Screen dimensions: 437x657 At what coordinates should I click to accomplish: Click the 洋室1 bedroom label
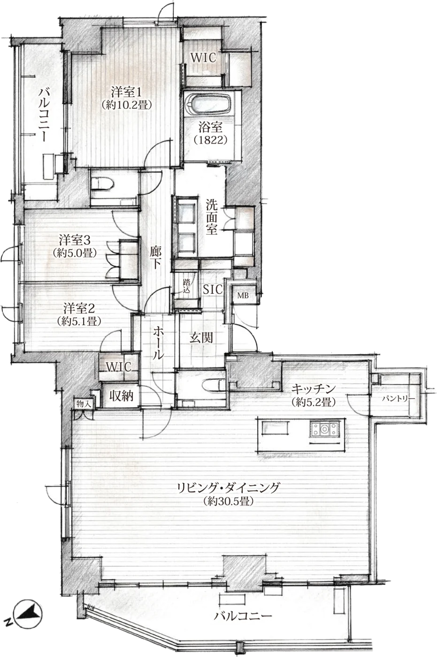click(127, 92)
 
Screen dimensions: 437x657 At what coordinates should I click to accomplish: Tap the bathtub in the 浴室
click(209, 104)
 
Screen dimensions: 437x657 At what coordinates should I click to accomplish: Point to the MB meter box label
click(243, 296)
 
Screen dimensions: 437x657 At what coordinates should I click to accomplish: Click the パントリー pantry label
click(399, 399)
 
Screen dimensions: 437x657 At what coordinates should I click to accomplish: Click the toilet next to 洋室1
click(102, 184)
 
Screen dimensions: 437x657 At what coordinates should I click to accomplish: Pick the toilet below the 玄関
click(214, 384)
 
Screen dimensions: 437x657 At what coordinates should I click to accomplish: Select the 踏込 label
click(186, 286)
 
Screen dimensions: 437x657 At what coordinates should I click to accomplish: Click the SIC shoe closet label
click(213, 290)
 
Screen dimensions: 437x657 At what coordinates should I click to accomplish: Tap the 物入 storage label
click(84, 404)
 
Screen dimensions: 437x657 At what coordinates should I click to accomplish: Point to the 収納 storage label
click(122, 396)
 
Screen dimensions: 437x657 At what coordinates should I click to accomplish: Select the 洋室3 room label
click(75, 240)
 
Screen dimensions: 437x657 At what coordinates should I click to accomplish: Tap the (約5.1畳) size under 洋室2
click(79, 321)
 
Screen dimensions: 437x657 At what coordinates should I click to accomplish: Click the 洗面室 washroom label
click(212, 216)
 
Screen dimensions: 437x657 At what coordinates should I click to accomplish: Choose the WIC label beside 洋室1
click(203, 57)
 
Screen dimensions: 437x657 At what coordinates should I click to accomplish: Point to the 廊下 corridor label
click(155, 257)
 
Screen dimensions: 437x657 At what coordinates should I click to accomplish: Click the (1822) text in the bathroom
click(211, 140)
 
